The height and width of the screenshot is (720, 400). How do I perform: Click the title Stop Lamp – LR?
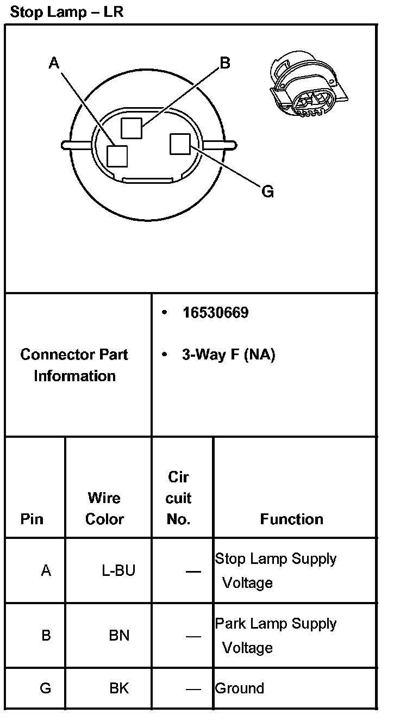[x=67, y=11]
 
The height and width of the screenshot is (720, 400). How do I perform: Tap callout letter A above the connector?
[x=53, y=64]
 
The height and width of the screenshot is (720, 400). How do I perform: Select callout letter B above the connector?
[x=224, y=63]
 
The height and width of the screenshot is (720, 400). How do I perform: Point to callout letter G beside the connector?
[x=267, y=191]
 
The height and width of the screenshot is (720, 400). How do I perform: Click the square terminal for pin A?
[x=117, y=156]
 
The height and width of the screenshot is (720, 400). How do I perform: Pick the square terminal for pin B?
[x=131, y=128]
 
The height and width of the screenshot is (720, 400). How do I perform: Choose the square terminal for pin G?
[x=179, y=144]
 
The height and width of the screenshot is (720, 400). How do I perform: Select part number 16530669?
[x=215, y=313]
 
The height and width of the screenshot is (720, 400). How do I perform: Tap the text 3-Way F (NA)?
[x=228, y=355]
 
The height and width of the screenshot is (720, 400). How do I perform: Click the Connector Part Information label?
[x=74, y=365]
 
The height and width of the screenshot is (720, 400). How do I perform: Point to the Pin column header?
[x=32, y=519]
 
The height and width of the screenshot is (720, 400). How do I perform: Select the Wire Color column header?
[x=104, y=508]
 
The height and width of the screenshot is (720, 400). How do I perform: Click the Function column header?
[x=291, y=519]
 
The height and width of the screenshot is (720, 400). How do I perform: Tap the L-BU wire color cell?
[x=118, y=570]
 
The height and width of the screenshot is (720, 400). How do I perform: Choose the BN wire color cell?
[x=119, y=635]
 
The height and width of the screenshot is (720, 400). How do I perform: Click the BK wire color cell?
[x=119, y=688]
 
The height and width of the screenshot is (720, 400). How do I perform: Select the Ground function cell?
[x=240, y=688]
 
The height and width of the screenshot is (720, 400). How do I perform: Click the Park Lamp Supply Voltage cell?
[x=276, y=635]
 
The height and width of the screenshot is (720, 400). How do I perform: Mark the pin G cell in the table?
[x=46, y=688]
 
